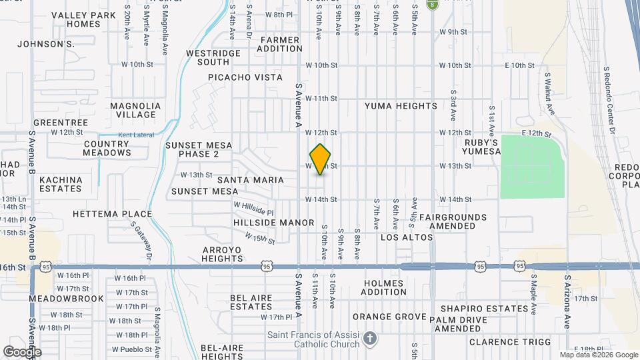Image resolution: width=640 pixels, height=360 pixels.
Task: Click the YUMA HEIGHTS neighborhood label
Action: click(401, 106)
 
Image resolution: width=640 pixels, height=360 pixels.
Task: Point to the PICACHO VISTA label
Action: click(245, 77)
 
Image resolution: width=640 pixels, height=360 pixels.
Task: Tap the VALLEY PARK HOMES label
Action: click(83, 19)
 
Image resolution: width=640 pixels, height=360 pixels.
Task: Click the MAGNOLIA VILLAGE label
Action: click(135, 110)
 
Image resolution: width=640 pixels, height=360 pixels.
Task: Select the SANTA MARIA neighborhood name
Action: click(250, 180)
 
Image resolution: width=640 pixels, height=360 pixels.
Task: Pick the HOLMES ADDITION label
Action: click(383, 287)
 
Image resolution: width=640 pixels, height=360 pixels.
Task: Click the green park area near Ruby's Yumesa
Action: click(532, 165)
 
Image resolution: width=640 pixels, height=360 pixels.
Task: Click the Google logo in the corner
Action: click(23, 351)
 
